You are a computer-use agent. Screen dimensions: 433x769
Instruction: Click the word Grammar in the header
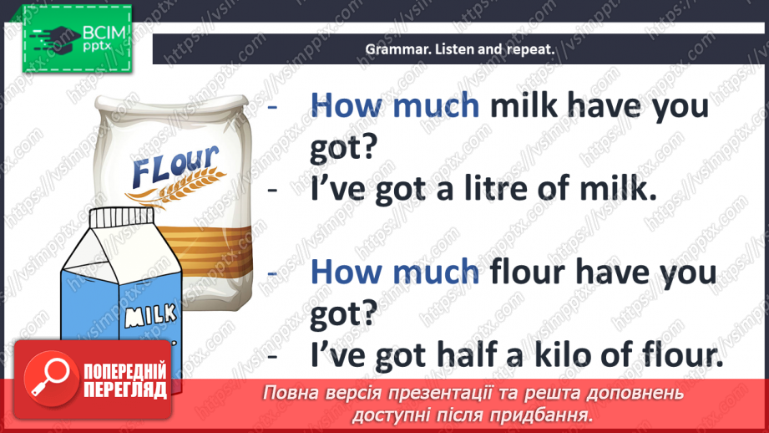(x=393, y=49)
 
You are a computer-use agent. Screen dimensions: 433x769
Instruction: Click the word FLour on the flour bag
(x=175, y=164)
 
